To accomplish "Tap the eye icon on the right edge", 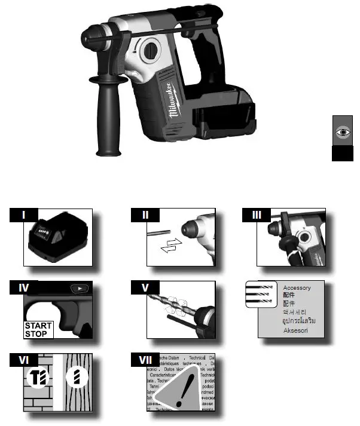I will pos(341,133).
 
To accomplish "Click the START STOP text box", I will pos(38,330).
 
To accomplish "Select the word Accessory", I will pos(297,288).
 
